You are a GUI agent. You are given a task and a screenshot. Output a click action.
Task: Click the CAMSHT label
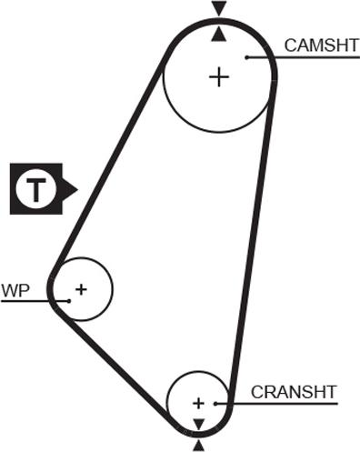322,45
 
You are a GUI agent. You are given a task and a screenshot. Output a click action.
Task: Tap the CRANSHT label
294,392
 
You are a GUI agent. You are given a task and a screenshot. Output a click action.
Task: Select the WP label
15,290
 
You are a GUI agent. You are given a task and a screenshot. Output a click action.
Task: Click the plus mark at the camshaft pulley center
219,77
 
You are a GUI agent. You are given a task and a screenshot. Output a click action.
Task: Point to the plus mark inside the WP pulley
81,289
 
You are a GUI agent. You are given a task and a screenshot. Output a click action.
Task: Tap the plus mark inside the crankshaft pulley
198,404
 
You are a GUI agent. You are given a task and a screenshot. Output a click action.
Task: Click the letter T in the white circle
36,189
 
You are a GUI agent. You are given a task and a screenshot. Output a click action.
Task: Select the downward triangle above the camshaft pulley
219,8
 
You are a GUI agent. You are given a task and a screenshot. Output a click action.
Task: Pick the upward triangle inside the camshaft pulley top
219,34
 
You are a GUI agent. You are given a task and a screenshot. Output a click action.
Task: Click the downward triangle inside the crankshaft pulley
199,424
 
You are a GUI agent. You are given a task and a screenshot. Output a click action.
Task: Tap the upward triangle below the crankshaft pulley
199,446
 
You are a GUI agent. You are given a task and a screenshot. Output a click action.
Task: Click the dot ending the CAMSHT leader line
247,57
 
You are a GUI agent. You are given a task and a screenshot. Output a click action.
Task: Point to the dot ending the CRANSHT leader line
215,404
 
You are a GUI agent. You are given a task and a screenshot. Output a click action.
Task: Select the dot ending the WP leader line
69,301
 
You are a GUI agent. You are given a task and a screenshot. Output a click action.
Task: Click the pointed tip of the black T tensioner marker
78,189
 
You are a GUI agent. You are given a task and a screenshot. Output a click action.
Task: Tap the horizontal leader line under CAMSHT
304,57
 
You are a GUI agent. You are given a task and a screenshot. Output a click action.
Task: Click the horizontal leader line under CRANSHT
276,404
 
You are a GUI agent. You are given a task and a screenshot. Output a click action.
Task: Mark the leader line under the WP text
35,301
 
